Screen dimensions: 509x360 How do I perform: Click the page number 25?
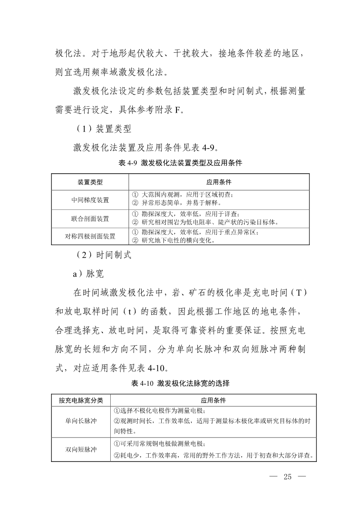287,476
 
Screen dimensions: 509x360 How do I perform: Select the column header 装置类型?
90,182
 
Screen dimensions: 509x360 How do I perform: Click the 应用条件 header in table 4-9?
219,182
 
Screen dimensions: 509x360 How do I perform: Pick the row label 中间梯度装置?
90,200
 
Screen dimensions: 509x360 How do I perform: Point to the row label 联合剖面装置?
90,218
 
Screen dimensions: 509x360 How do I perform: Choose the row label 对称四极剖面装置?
90,236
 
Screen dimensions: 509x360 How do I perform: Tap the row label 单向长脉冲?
81,421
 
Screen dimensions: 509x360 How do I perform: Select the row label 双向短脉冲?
81,449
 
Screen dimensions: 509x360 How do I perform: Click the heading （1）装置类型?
101,129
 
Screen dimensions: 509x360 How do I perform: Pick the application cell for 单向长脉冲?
214,421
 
